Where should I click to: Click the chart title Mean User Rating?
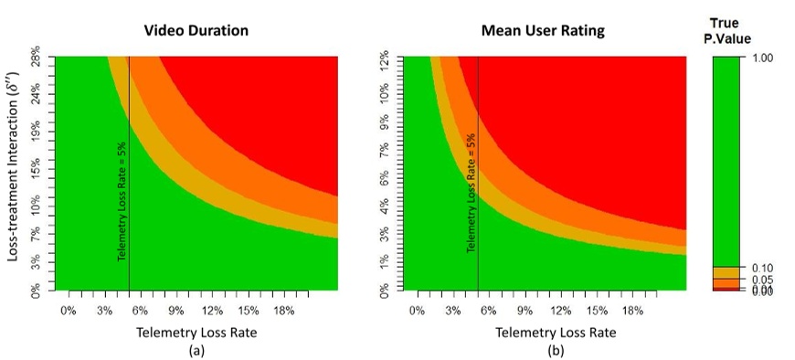click(x=544, y=30)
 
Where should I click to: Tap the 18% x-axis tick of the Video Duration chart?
click(x=283, y=311)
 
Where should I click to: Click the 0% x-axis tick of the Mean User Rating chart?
click(x=417, y=311)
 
